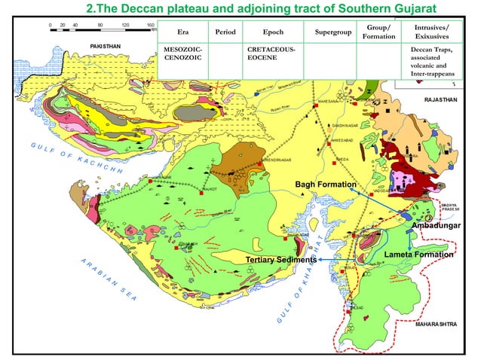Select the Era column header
pyautogui.click(x=182, y=32)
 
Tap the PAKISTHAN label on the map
pyautogui.click(x=105, y=47)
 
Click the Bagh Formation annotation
pyautogui.click(x=325, y=185)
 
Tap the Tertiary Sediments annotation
pyautogui.click(x=280, y=260)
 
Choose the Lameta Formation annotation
pyautogui.click(x=418, y=255)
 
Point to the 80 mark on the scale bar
pyautogui.click(x=100, y=25)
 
